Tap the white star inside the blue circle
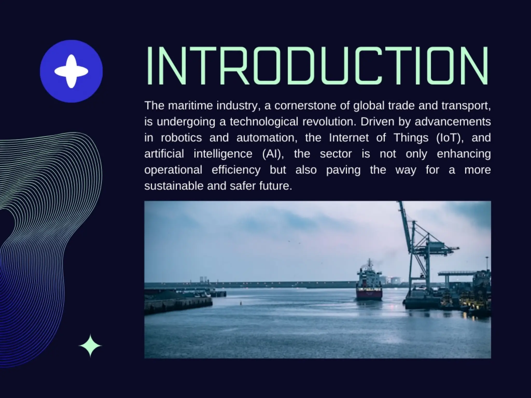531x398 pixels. [71, 71]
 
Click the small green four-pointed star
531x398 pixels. [90, 346]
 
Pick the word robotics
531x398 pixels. [181, 138]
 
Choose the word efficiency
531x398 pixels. [236, 170]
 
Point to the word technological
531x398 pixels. [264, 122]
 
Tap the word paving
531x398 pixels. [343, 170]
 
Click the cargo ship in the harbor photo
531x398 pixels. [369, 282]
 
